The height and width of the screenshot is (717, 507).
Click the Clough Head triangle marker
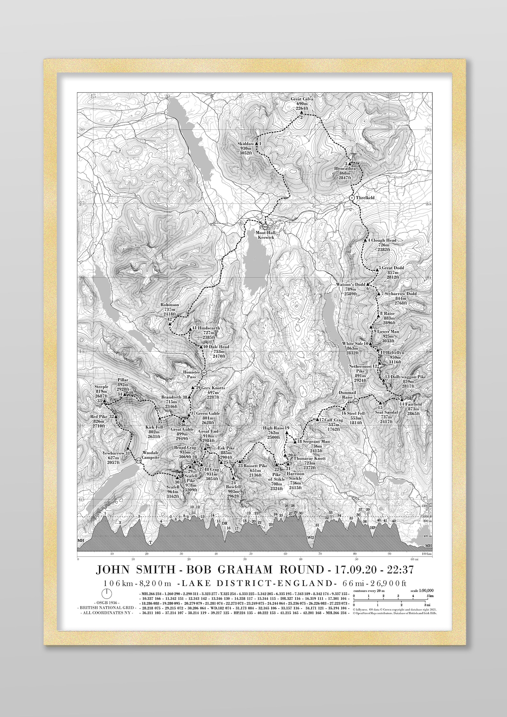[365, 240]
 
